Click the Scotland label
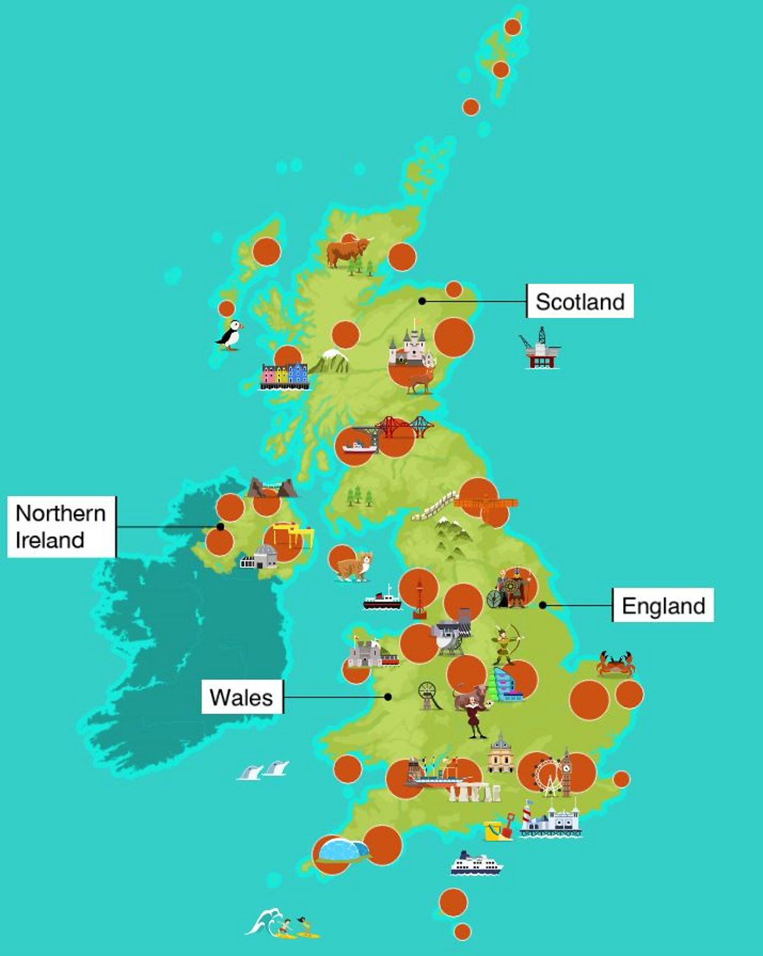pos(580,301)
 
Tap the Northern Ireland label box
pos(61,527)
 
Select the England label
pos(663,606)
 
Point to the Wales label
pos(242,697)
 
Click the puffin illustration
pos(230,335)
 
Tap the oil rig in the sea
pos(540,349)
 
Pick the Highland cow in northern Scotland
pos(347,251)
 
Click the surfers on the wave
pos(283,924)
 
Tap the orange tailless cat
pos(354,565)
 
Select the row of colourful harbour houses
pos(284,375)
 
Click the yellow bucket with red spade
pos(498,828)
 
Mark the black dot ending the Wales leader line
pos(388,697)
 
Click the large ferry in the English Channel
pos(476,864)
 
